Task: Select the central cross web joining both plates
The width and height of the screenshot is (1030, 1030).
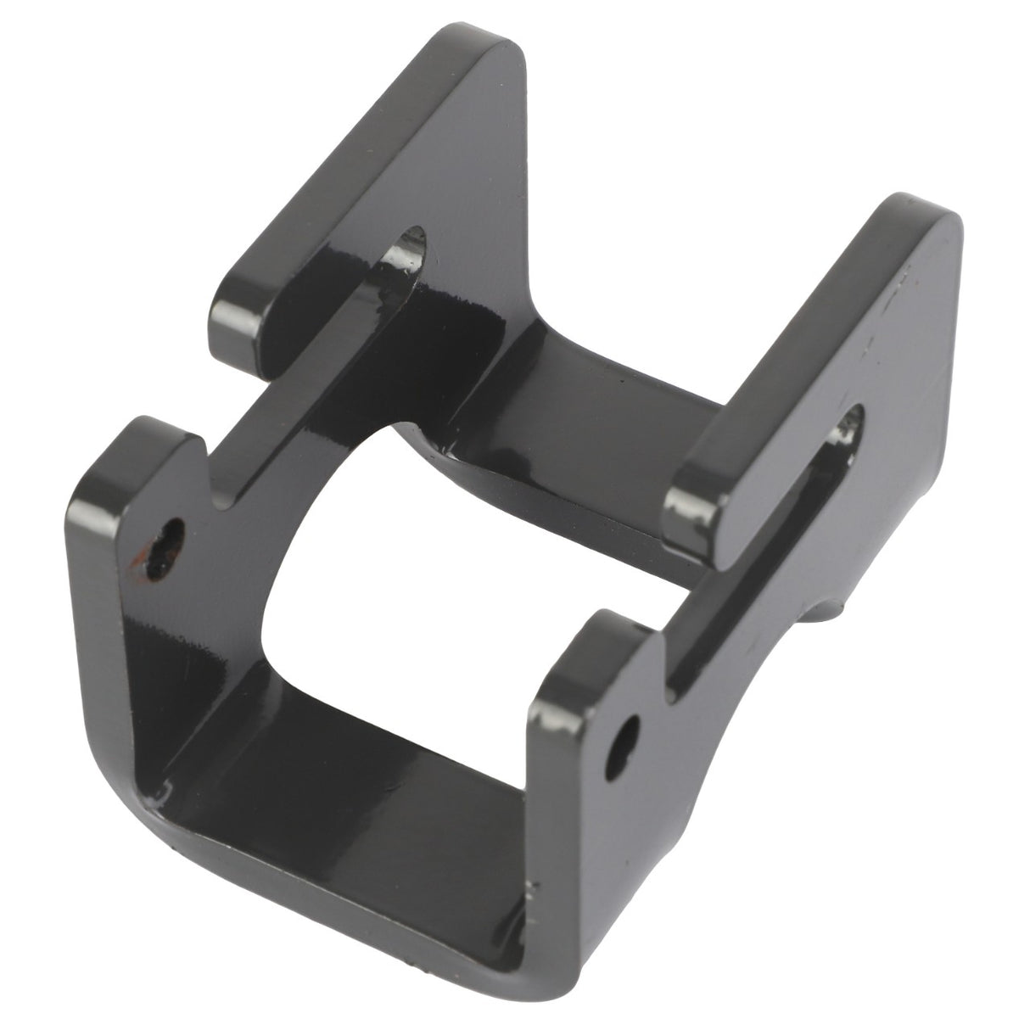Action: (543, 407)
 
